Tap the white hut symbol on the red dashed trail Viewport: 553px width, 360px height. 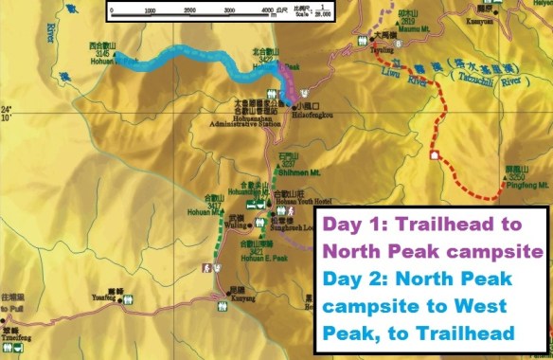click(434, 154)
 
